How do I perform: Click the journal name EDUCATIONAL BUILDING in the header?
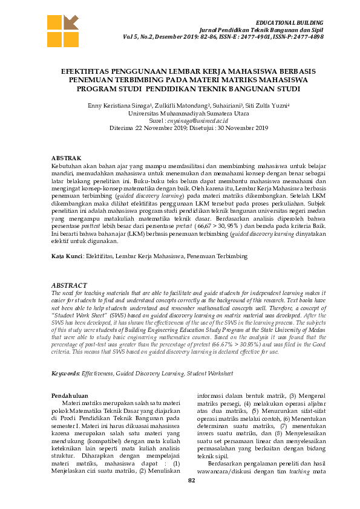point(289,21)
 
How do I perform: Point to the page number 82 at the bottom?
point(192,481)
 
